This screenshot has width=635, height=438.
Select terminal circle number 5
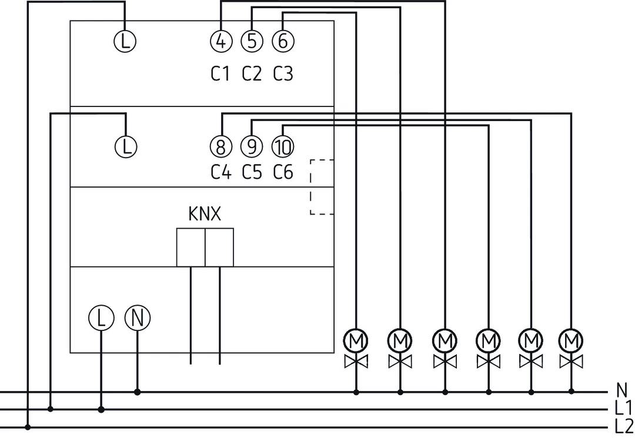tap(252, 41)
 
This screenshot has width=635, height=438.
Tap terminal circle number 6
tap(283, 41)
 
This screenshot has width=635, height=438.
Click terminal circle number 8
tap(220, 146)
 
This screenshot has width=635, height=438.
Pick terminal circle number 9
tap(252, 146)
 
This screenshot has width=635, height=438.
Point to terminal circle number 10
tap(283, 146)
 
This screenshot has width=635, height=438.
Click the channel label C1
tap(220, 74)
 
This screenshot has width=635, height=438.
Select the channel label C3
tap(283, 74)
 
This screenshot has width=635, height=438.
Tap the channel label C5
tap(252, 172)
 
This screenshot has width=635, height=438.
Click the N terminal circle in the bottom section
tap(138, 318)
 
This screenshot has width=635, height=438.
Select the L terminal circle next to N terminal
tap(101, 318)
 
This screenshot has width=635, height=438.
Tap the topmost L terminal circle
tap(124, 41)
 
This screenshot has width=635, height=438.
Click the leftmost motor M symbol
tap(356, 340)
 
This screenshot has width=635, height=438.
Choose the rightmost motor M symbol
tap(571, 340)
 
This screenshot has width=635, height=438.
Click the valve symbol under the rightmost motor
tap(571, 360)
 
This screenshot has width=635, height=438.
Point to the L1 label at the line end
tap(623, 408)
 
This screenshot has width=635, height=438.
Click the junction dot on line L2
tap(28, 427)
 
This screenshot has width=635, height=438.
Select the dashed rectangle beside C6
tap(322, 187)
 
